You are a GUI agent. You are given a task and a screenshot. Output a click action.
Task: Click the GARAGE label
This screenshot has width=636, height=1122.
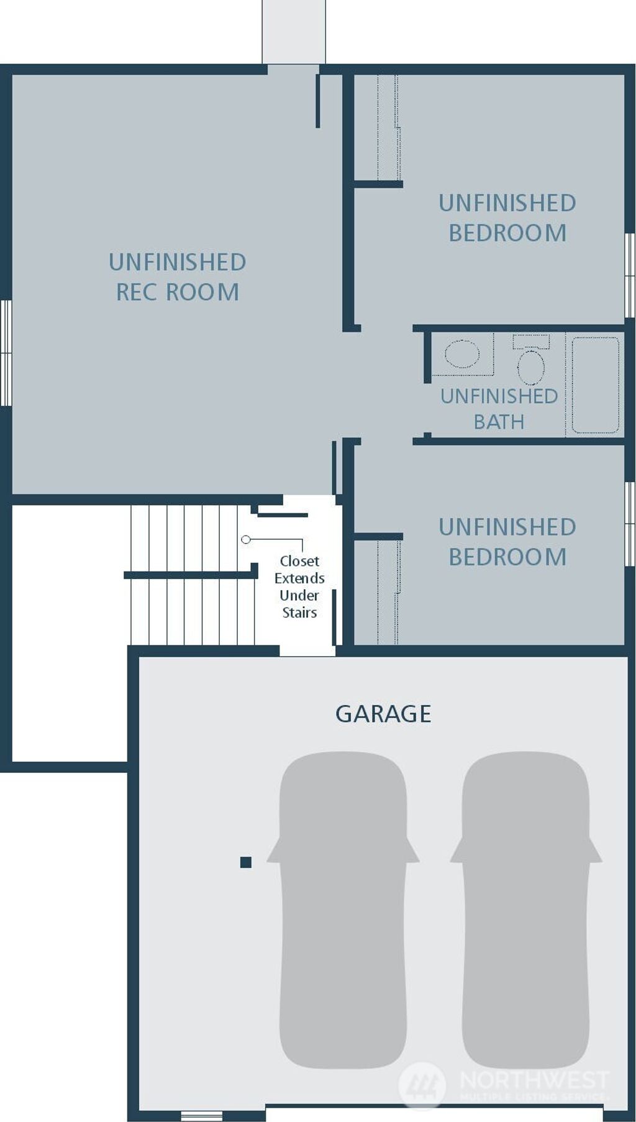point(383,714)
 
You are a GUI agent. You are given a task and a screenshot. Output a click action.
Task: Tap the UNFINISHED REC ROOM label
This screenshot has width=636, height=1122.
point(178,277)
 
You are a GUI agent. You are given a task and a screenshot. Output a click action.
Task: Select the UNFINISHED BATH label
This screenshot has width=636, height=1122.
point(499,409)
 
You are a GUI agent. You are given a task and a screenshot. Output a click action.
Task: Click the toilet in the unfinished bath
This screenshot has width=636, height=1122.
point(530,366)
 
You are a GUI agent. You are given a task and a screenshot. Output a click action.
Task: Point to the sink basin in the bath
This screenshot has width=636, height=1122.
point(463,354)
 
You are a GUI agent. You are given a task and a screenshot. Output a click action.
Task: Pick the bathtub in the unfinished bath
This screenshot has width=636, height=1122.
point(595,385)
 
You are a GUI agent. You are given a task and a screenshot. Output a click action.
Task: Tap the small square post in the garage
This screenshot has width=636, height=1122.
point(246,862)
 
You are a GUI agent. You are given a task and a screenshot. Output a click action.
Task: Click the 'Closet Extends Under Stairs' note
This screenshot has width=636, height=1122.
point(299,586)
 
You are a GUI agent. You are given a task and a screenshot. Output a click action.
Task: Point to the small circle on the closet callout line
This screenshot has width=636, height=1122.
point(246,539)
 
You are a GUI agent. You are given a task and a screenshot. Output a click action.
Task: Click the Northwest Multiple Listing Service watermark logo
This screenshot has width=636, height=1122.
point(422,1085)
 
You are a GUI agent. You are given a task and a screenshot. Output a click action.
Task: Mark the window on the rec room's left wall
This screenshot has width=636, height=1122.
point(6,353)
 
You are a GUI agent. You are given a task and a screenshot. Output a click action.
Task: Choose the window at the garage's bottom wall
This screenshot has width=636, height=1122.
point(202,1116)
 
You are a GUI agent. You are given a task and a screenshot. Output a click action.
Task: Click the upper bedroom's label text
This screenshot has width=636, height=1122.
point(507,218)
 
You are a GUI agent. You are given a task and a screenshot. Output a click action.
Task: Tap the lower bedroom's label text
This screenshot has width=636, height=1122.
point(507,542)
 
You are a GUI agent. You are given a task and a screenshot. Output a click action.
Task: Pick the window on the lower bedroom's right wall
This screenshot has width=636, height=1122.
point(630,523)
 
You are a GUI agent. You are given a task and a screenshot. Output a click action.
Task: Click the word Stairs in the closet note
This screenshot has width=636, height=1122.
point(299,613)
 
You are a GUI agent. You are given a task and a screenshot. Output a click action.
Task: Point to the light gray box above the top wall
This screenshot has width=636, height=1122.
point(294,31)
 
